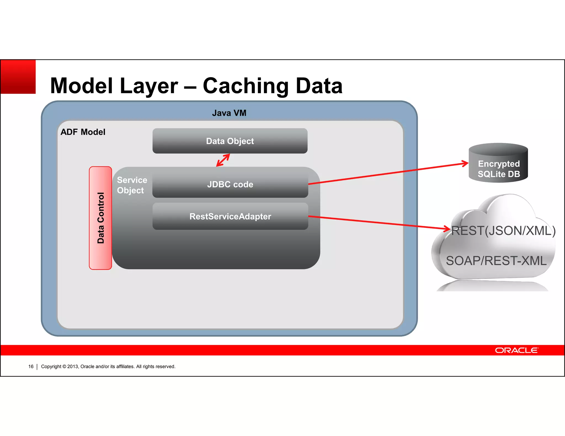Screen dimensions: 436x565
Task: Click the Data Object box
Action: click(230, 141)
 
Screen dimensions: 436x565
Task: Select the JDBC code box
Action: click(230, 184)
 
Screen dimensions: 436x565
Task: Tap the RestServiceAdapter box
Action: click(230, 216)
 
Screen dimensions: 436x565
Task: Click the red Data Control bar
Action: click(100, 218)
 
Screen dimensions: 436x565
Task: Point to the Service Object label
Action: click(132, 185)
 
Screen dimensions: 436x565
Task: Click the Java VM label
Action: click(229, 113)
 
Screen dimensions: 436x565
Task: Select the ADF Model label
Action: click(83, 132)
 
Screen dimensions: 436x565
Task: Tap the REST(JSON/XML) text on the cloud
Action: click(503, 231)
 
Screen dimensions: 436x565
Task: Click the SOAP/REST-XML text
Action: click(496, 261)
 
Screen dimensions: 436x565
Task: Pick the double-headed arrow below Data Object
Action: click(223, 160)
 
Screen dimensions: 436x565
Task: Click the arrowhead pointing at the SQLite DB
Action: click(465, 163)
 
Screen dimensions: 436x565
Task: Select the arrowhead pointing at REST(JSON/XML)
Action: click(447, 228)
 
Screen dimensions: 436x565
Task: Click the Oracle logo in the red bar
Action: click(516, 350)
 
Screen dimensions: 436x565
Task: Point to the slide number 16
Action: click(31, 367)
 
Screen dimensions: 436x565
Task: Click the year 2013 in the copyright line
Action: click(73, 367)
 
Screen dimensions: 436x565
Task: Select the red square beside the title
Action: click(18, 77)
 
